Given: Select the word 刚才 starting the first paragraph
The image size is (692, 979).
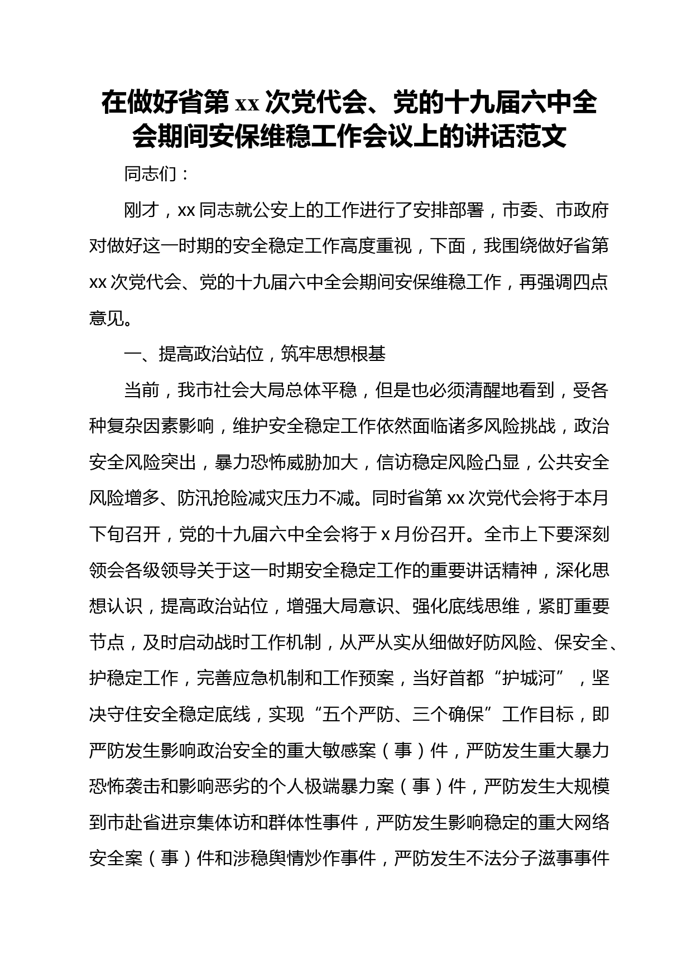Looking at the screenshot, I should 141,210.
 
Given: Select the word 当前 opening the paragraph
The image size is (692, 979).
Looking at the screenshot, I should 141,390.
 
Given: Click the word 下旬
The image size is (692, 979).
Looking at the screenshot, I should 107,534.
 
